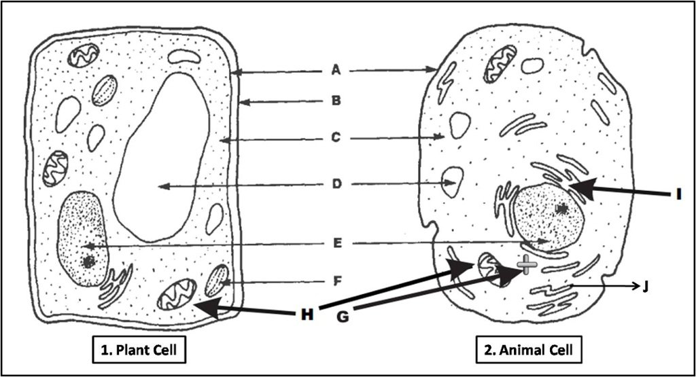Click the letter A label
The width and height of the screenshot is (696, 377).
pyautogui.click(x=336, y=70)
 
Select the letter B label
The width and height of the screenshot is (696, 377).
pyautogui.click(x=336, y=101)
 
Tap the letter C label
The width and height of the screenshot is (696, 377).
pyautogui.click(x=336, y=138)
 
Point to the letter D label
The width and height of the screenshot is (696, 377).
pyautogui.click(x=336, y=184)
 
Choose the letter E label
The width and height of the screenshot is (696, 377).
pyautogui.click(x=337, y=243)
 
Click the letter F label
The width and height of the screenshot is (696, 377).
pyautogui.click(x=337, y=281)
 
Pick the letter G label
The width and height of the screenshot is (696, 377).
pyautogui.click(x=343, y=317)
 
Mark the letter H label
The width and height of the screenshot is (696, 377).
pyautogui.click(x=307, y=315)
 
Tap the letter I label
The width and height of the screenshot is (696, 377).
pyautogui.click(x=679, y=194)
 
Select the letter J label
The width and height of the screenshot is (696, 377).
pyautogui.click(x=646, y=287)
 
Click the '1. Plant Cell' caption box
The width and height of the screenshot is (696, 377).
pyautogui.click(x=139, y=350)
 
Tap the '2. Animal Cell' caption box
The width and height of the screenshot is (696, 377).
pyautogui.click(x=529, y=350)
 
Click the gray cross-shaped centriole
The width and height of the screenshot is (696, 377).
pyautogui.click(x=527, y=265)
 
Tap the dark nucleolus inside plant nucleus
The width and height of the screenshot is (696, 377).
pyautogui.click(x=89, y=262)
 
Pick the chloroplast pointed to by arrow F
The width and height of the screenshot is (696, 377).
pyautogui.click(x=217, y=281)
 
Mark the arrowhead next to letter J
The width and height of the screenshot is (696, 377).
pyautogui.click(x=635, y=287)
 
